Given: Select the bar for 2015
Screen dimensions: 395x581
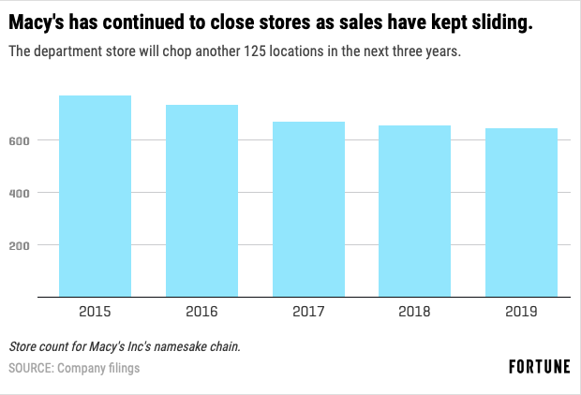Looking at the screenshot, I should tap(95, 197).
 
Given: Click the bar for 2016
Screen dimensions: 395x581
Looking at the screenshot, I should tap(201, 201).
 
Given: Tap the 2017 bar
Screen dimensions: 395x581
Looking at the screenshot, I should tap(308, 210).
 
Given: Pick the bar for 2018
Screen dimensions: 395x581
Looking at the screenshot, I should tap(414, 212).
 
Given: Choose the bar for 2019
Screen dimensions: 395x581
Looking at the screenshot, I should tap(521, 212).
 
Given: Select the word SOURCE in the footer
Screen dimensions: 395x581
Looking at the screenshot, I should tap(30, 368).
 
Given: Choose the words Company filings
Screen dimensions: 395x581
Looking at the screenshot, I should tap(98, 368).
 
